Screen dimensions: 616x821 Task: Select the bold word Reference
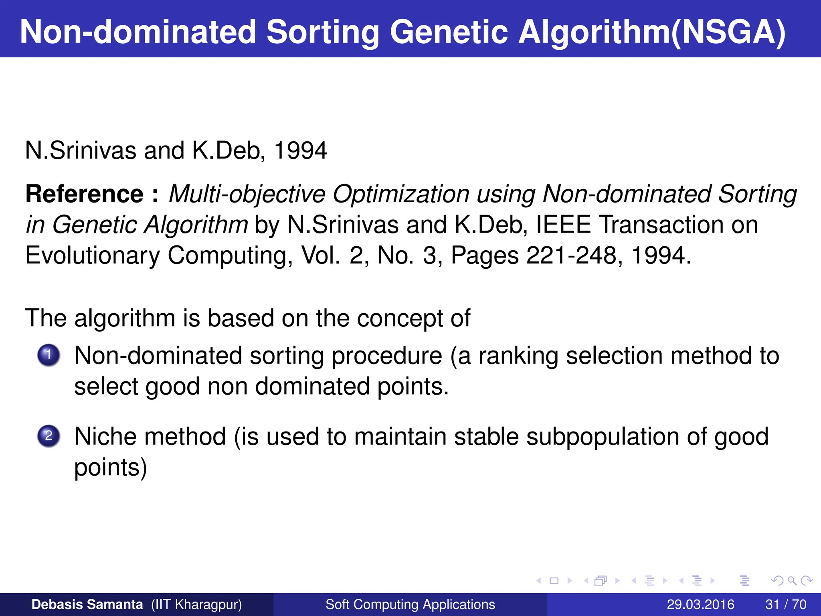click(84, 194)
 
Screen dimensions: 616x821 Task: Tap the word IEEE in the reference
click(563, 225)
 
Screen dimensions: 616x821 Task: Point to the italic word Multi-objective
click(247, 194)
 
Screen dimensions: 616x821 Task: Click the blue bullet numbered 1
click(49, 355)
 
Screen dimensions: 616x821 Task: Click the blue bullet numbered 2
click(49, 436)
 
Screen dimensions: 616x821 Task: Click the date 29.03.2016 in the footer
click(700, 604)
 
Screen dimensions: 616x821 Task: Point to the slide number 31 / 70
click(786, 604)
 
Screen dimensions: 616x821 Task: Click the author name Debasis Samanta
click(87, 604)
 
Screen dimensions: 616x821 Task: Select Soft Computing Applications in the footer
click(410, 604)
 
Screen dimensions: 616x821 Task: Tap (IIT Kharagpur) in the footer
click(196, 604)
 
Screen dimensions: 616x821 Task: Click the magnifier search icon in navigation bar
click(792, 581)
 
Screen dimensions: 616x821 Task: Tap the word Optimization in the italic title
click(401, 194)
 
